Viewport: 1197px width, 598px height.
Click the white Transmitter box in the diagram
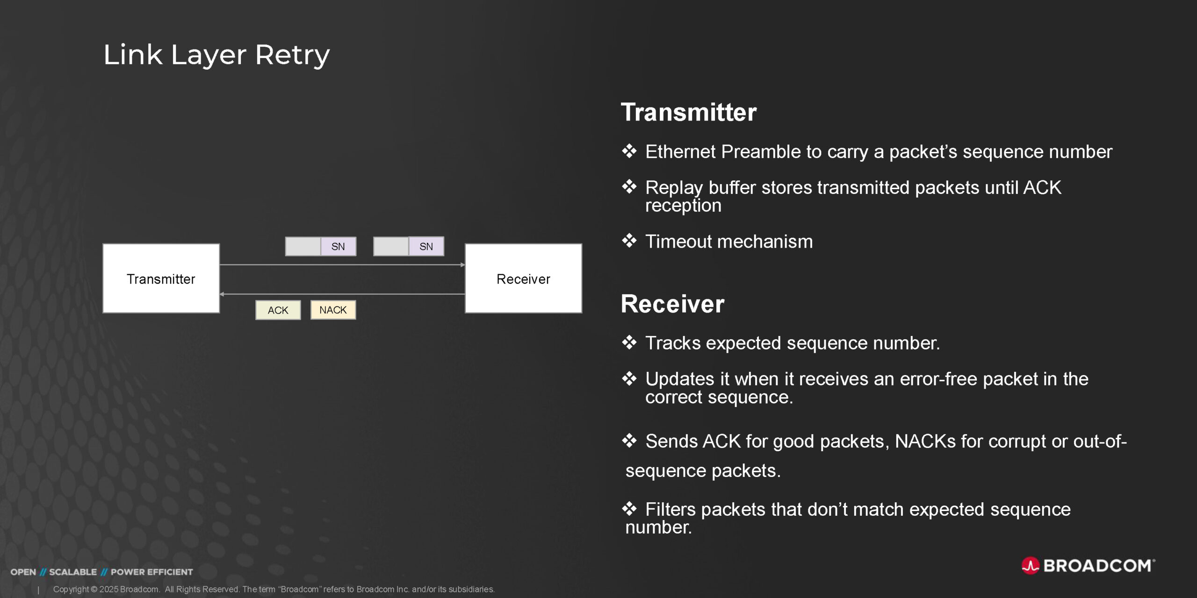coord(161,278)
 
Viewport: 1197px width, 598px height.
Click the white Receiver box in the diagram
coord(523,278)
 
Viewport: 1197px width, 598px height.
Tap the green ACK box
coord(278,310)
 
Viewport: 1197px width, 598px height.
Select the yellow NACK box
coord(333,310)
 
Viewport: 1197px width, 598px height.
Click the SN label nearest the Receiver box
coord(426,247)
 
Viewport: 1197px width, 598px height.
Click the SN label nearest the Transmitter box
coord(338,247)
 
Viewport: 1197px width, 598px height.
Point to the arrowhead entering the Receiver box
coord(462,265)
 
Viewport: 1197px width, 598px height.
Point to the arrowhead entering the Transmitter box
coord(222,294)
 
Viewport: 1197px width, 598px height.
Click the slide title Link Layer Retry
coord(216,55)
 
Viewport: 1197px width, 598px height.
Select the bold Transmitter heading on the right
coord(688,113)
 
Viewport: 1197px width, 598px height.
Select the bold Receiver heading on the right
coord(672,304)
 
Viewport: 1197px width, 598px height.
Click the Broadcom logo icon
coord(1030,565)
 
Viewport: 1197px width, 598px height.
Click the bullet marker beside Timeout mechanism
coord(629,241)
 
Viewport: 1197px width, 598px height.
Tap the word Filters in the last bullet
coord(671,510)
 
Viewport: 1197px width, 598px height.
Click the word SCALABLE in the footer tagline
coord(73,572)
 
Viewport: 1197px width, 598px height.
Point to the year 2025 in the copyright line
coord(109,590)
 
